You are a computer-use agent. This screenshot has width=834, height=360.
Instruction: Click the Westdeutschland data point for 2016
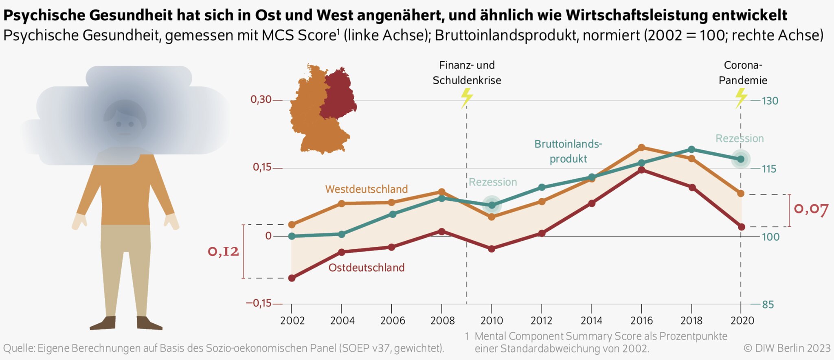pyautogui.click(x=641, y=147)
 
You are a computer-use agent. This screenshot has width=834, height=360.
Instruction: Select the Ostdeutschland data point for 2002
pyautogui.click(x=292, y=278)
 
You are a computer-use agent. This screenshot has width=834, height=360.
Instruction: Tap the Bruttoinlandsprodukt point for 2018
pyautogui.click(x=691, y=149)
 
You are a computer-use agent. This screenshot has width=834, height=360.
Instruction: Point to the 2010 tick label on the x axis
pyautogui.click(x=492, y=320)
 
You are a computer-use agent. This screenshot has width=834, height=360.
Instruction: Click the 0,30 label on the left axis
pyautogui.click(x=261, y=99)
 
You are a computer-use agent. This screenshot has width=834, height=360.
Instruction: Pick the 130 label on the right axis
pyautogui.click(x=770, y=101)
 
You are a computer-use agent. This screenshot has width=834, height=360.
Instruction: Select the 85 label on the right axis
pyautogui.click(x=768, y=305)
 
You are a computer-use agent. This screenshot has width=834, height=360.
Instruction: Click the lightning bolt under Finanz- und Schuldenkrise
pyautogui.click(x=467, y=98)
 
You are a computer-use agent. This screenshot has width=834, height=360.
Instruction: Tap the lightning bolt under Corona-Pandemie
pyautogui.click(x=741, y=98)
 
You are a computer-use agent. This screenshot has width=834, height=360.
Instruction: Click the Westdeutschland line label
pyautogui.click(x=366, y=189)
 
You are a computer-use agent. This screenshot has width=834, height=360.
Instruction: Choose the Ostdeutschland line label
pyautogui.click(x=367, y=268)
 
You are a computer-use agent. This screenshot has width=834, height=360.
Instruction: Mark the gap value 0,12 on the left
pyautogui.click(x=223, y=251)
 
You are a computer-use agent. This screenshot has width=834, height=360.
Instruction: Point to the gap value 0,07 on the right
pyautogui.click(x=811, y=209)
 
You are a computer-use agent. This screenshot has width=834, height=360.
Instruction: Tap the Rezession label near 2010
pyautogui.click(x=493, y=182)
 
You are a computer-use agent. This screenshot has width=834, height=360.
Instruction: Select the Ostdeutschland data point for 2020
pyautogui.click(x=741, y=227)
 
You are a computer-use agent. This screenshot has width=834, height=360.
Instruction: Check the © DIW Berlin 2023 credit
pyautogui.click(x=787, y=348)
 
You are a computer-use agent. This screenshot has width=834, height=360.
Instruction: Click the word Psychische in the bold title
pyautogui.click(x=44, y=15)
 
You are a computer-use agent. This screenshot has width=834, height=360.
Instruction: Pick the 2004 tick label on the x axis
pyautogui.click(x=342, y=320)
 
